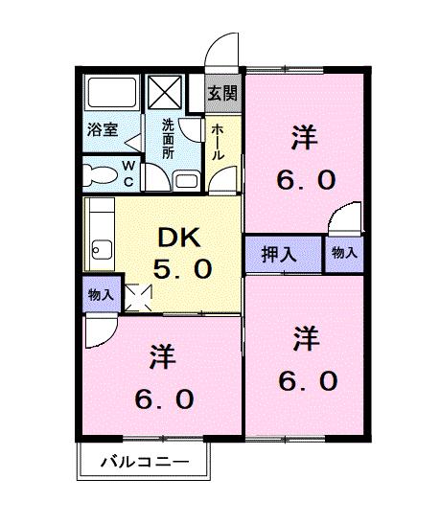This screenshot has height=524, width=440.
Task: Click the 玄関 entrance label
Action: click(222, 93)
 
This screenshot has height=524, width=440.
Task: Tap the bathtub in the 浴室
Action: click(112, 93)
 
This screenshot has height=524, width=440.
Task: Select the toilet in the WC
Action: click(100, 175)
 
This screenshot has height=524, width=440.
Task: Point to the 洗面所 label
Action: click(168, 138)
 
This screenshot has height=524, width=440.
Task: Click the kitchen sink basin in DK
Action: click(102, 250)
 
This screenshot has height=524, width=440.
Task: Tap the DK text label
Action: click(179, 238)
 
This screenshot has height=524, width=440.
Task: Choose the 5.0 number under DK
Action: click(182, 268)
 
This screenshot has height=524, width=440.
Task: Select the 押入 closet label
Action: click(279, 254)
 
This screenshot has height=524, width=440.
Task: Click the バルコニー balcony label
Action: click(145, 462)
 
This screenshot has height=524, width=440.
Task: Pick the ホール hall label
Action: click(217, 142)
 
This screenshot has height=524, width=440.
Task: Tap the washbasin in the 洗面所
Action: click(187, 181)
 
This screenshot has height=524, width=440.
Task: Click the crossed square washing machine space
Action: click(165, 92)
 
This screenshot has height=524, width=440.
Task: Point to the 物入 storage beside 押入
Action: click(344, 252)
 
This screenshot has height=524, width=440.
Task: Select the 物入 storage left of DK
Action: click(101, 295)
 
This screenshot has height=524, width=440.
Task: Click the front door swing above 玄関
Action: click(221, 50)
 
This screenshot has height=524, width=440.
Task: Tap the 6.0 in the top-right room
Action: click(306, 180)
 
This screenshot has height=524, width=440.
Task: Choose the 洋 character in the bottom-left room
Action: click(163, 356)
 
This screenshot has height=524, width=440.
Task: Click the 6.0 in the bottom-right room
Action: click(308, 381)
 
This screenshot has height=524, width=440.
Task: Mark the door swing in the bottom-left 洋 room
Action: click(102, 330)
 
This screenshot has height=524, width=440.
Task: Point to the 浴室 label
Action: click(103, 129)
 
